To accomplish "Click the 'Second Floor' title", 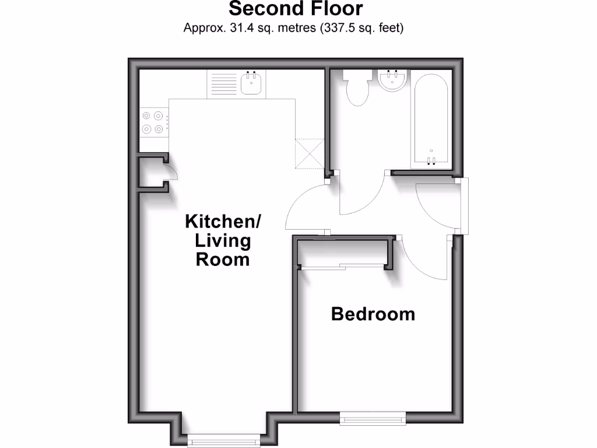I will (x=295, y=9).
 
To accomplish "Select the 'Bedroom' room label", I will (x=373, y=314).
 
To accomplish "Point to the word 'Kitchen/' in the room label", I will (x=223, y=222).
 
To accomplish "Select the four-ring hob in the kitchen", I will (x=152, y=123).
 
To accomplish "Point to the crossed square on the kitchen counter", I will (x=310, y=153).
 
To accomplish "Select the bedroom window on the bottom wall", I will (x=373, y=418).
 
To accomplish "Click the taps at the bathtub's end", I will (x=431, y=160).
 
